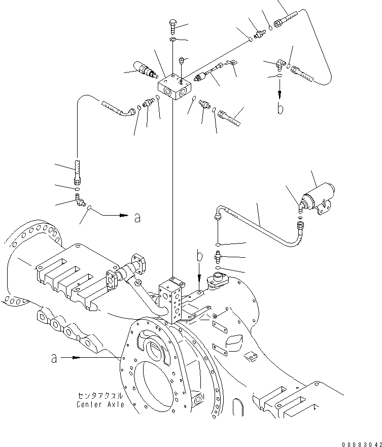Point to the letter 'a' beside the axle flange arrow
click(54, 358)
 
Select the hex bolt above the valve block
click(172, 24)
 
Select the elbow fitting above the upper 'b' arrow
click(281, 65)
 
